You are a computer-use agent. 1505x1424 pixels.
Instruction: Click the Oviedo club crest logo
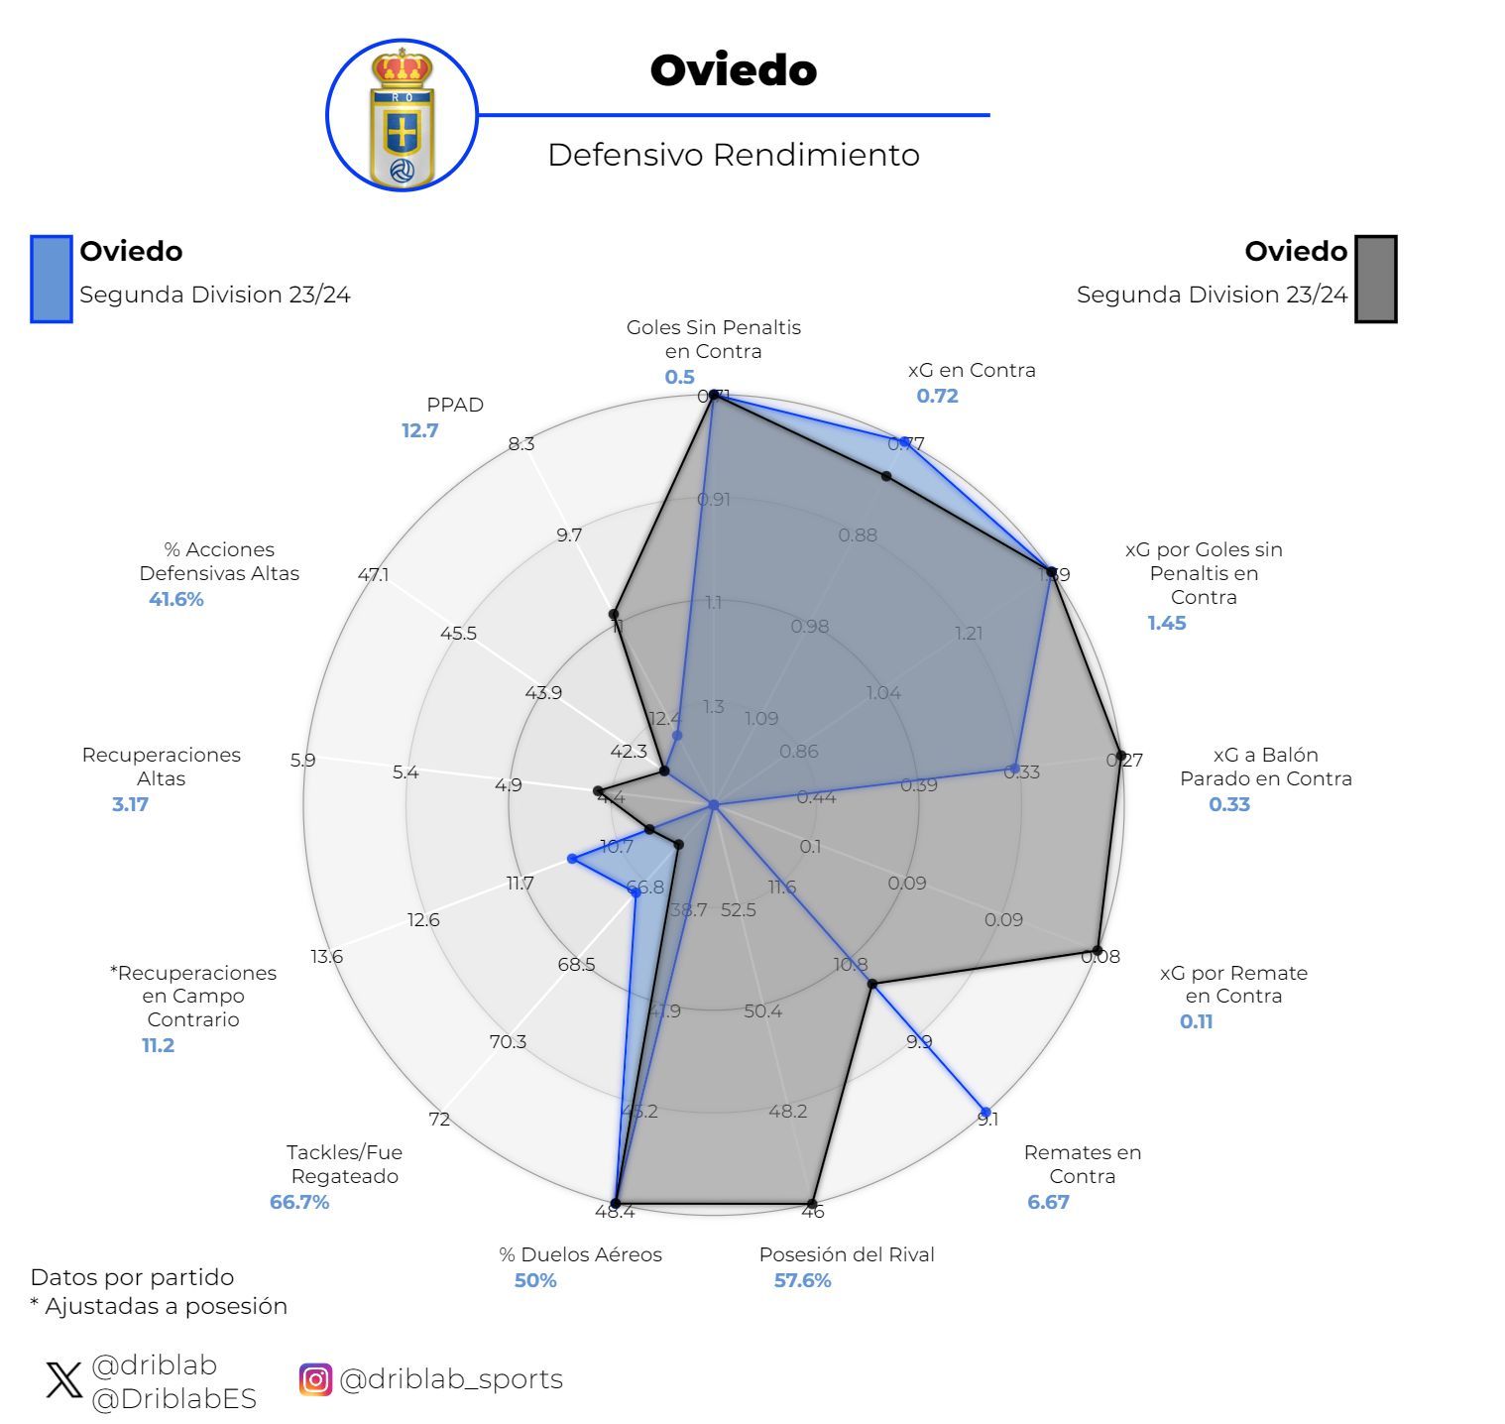pyautogui.click(x=402, y=116)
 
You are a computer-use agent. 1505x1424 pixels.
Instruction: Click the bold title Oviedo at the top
pyautogui.click(x=733, y=70)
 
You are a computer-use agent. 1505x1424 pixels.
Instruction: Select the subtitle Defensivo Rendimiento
pyautogui.click(x=733, y=155)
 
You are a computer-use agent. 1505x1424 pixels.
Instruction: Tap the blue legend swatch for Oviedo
pyautogui.click(x=52, y=279)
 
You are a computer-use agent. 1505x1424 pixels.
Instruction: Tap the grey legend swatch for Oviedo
pyautogui.click(x=1375, y=279)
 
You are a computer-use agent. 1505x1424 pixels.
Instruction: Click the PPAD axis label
pyautogui.click(x=455, y=405)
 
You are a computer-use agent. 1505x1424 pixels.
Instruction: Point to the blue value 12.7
pyautogui.click(x=419, y=430)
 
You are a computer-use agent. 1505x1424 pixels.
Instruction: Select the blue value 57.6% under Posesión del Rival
pyautogui.click(x=802, y=1280)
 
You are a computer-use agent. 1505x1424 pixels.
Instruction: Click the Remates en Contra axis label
pyautogui.click(x=1082, y=1164)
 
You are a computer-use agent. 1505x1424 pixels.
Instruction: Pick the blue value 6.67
pyautogui.click(x=1048, y=1202)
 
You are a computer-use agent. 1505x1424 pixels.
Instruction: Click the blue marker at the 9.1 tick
pyautogui.click(x=984, y=1112)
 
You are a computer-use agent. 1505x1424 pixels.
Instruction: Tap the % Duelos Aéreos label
pyautogui.click(x=580, y=1254)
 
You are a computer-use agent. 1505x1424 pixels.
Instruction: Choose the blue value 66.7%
pyautogui.click(x=299, y=1202)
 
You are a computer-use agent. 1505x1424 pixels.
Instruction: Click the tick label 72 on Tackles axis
pyautogui.click(x=439, y=1119)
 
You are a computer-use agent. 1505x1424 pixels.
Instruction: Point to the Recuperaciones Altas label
pyautogui.click(x=161, y=767)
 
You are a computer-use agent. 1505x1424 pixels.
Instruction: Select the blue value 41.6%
pyautogui.click(x=176, y=599)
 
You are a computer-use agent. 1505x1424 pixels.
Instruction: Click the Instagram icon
pyautogui.click(x=315, y=1379)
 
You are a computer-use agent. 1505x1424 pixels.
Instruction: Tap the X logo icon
pyautogui.click(x=64, y=1379)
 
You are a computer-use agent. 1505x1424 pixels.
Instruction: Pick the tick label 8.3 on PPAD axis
pyautogui.click(x=521, y=443)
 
